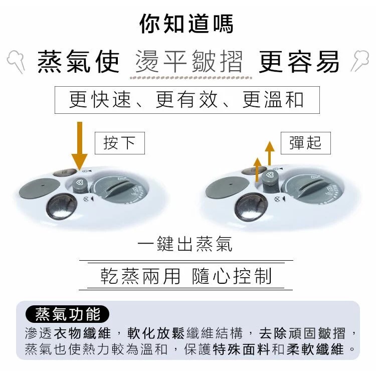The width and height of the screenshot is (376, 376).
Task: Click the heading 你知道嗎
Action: pos(186,24)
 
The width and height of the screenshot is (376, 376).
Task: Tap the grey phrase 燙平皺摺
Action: pos(189,61)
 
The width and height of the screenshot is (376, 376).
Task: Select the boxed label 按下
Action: pos(120,143)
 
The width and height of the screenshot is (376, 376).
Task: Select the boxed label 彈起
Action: pos(305,143)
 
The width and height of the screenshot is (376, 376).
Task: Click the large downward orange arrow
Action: pos(80,146)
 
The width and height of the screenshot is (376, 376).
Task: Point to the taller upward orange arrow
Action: pos(270,153)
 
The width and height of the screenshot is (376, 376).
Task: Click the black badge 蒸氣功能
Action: pos(67,314)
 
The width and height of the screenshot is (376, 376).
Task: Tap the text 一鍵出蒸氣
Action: pos(185,244)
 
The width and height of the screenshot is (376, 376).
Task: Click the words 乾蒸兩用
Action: pos(140,276)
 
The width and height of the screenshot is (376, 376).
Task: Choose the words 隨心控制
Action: pos(232,276)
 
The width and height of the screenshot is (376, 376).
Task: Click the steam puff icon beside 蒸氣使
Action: pos(17,61)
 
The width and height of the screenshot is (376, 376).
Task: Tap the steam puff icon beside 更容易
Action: pos(359,61)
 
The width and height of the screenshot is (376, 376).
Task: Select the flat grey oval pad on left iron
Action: pos(40,188)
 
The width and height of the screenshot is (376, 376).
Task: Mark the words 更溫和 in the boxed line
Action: pos(273,100)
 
